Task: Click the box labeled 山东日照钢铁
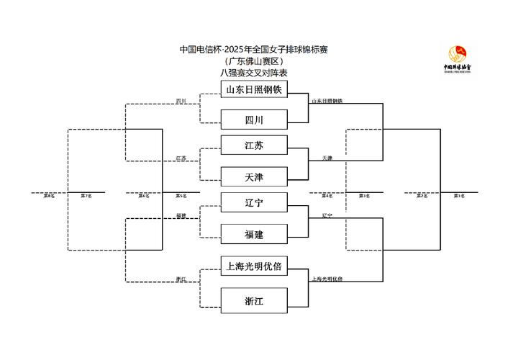pyautogui.click(x=254, y=90)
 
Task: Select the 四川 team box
pyautogui.click(x=254, y=118)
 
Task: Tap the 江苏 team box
pyautogui.click(x=254, y=146)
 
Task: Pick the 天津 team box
pyautogui.click(x=254, y=176)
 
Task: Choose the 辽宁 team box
pyautogui.click(x=254, y=204)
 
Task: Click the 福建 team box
pyautogui.click(x=254, y=233)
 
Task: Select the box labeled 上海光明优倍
pyautogui.click(x=254, y=266)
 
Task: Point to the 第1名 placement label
pyautogui.click(x=458, y=196)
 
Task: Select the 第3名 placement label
pyautogui.click(x=364, y=196)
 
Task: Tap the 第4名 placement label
pyautogui.click(x=327, y=196)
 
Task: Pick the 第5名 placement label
pyautogui.click(x=181, y=196)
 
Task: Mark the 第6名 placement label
pyautogui.click(x=144, y=196)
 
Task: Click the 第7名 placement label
pyautogui.click(x=86, y=196)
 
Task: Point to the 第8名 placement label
pyautogui.click(x=49, y=196)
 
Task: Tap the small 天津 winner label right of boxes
pyautogui.click(x=327, y=158)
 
